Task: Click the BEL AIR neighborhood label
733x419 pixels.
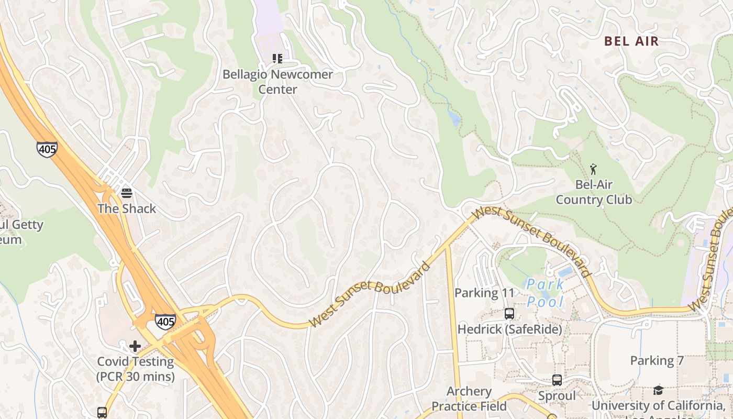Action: (x=631, y=41)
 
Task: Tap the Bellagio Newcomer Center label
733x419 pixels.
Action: (x=277, y=82)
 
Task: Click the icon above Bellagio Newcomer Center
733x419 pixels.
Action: (x=277, y=59)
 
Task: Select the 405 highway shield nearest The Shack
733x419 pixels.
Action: (x=47, y=149)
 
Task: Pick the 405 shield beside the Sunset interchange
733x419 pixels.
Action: (x=165, y=322)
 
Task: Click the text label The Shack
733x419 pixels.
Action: (x=127, y=208)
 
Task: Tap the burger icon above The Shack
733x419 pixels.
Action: (x=126, y=193)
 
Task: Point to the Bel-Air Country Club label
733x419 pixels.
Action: (x=594, y=192)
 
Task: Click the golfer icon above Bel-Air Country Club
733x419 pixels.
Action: (x=593, y=169)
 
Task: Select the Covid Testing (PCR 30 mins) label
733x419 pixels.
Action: (x=135, y=369)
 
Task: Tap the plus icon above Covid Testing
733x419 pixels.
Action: (x=135, y=346)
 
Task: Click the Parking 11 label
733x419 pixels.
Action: (x=484, y=293)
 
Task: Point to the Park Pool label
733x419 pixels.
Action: (x=546, y=293)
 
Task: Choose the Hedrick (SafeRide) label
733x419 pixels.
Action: (x=509, y=329)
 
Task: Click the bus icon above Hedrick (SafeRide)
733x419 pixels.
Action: (x=509, y=314)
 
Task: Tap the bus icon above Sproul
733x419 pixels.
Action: (x=557, y=380)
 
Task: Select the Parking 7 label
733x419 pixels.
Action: (x=657, y=360)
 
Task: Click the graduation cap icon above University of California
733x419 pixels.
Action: (x=658, y=390)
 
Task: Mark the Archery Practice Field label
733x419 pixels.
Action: (x=469, y=399)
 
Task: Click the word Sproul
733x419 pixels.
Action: (x=557, y=396)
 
